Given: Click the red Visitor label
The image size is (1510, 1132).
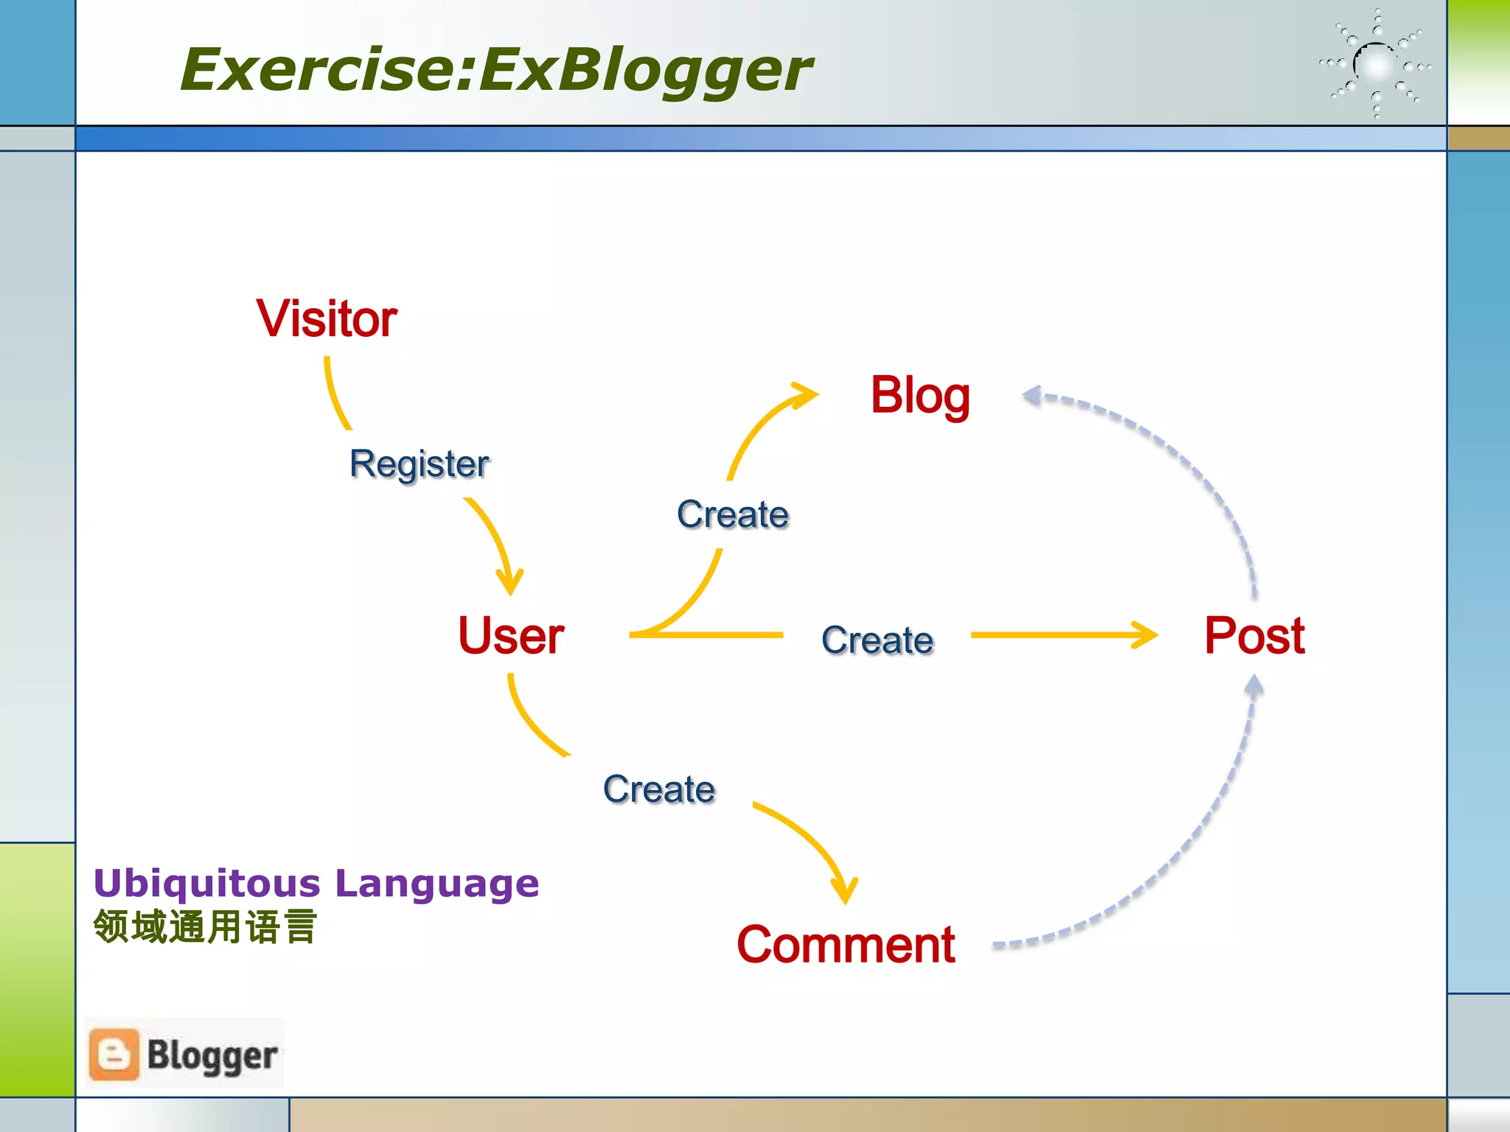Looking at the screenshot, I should [327, 319].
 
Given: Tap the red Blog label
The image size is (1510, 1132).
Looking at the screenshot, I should [919, 396].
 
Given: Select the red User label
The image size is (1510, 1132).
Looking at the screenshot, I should [511, 635].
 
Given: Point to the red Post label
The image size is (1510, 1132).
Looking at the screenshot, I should [1254, 635].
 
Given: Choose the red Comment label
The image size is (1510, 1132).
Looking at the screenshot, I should [846, 945].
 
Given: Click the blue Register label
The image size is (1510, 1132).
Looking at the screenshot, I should [419, 464].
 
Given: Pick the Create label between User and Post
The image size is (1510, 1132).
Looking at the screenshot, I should [877, 640].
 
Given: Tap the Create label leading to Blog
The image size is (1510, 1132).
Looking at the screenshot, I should [733, 514].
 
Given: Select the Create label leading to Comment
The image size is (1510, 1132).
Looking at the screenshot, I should [659, 789].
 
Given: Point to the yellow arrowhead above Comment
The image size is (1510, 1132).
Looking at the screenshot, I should [845, 890].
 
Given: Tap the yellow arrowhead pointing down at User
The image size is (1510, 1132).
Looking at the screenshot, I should [509, 582].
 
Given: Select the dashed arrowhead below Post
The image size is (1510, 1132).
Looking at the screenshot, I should [1253, 687].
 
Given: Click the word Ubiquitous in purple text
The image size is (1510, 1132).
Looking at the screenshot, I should [207, 883].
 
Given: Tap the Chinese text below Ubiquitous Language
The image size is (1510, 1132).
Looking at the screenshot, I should [205, 927].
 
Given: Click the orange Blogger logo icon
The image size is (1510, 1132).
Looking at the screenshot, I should [114, 1055].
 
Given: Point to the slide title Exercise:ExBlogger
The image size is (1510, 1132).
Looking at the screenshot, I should [495, 69].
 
